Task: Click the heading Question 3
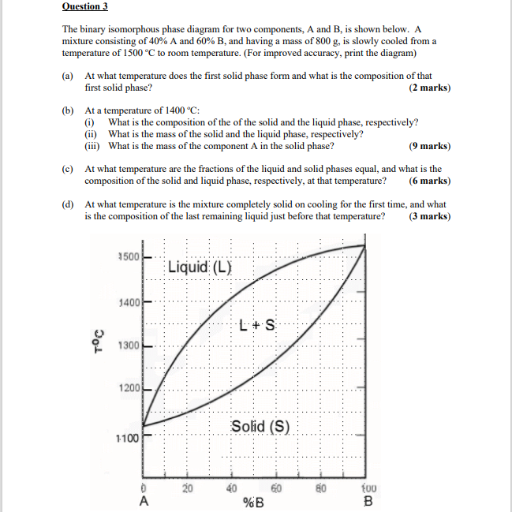tap(84, 6)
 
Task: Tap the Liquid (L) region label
tap(200, 267)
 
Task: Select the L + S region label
tap(256, 324)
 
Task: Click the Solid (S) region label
tap(260, 427)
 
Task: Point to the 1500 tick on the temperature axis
tap(128, 257)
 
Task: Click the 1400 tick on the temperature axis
tap(128, 302)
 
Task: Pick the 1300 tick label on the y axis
tap(128, 346)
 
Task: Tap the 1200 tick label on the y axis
tap(128, 388)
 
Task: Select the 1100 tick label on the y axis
tap(127, 438)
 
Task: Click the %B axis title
tap(253, 503)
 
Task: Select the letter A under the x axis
tap(144, 501)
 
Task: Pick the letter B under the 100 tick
tap(367, 501)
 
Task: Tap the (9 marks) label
tap(430, 146)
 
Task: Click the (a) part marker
tap(68, 76)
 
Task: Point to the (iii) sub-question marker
tap(93, 146)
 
